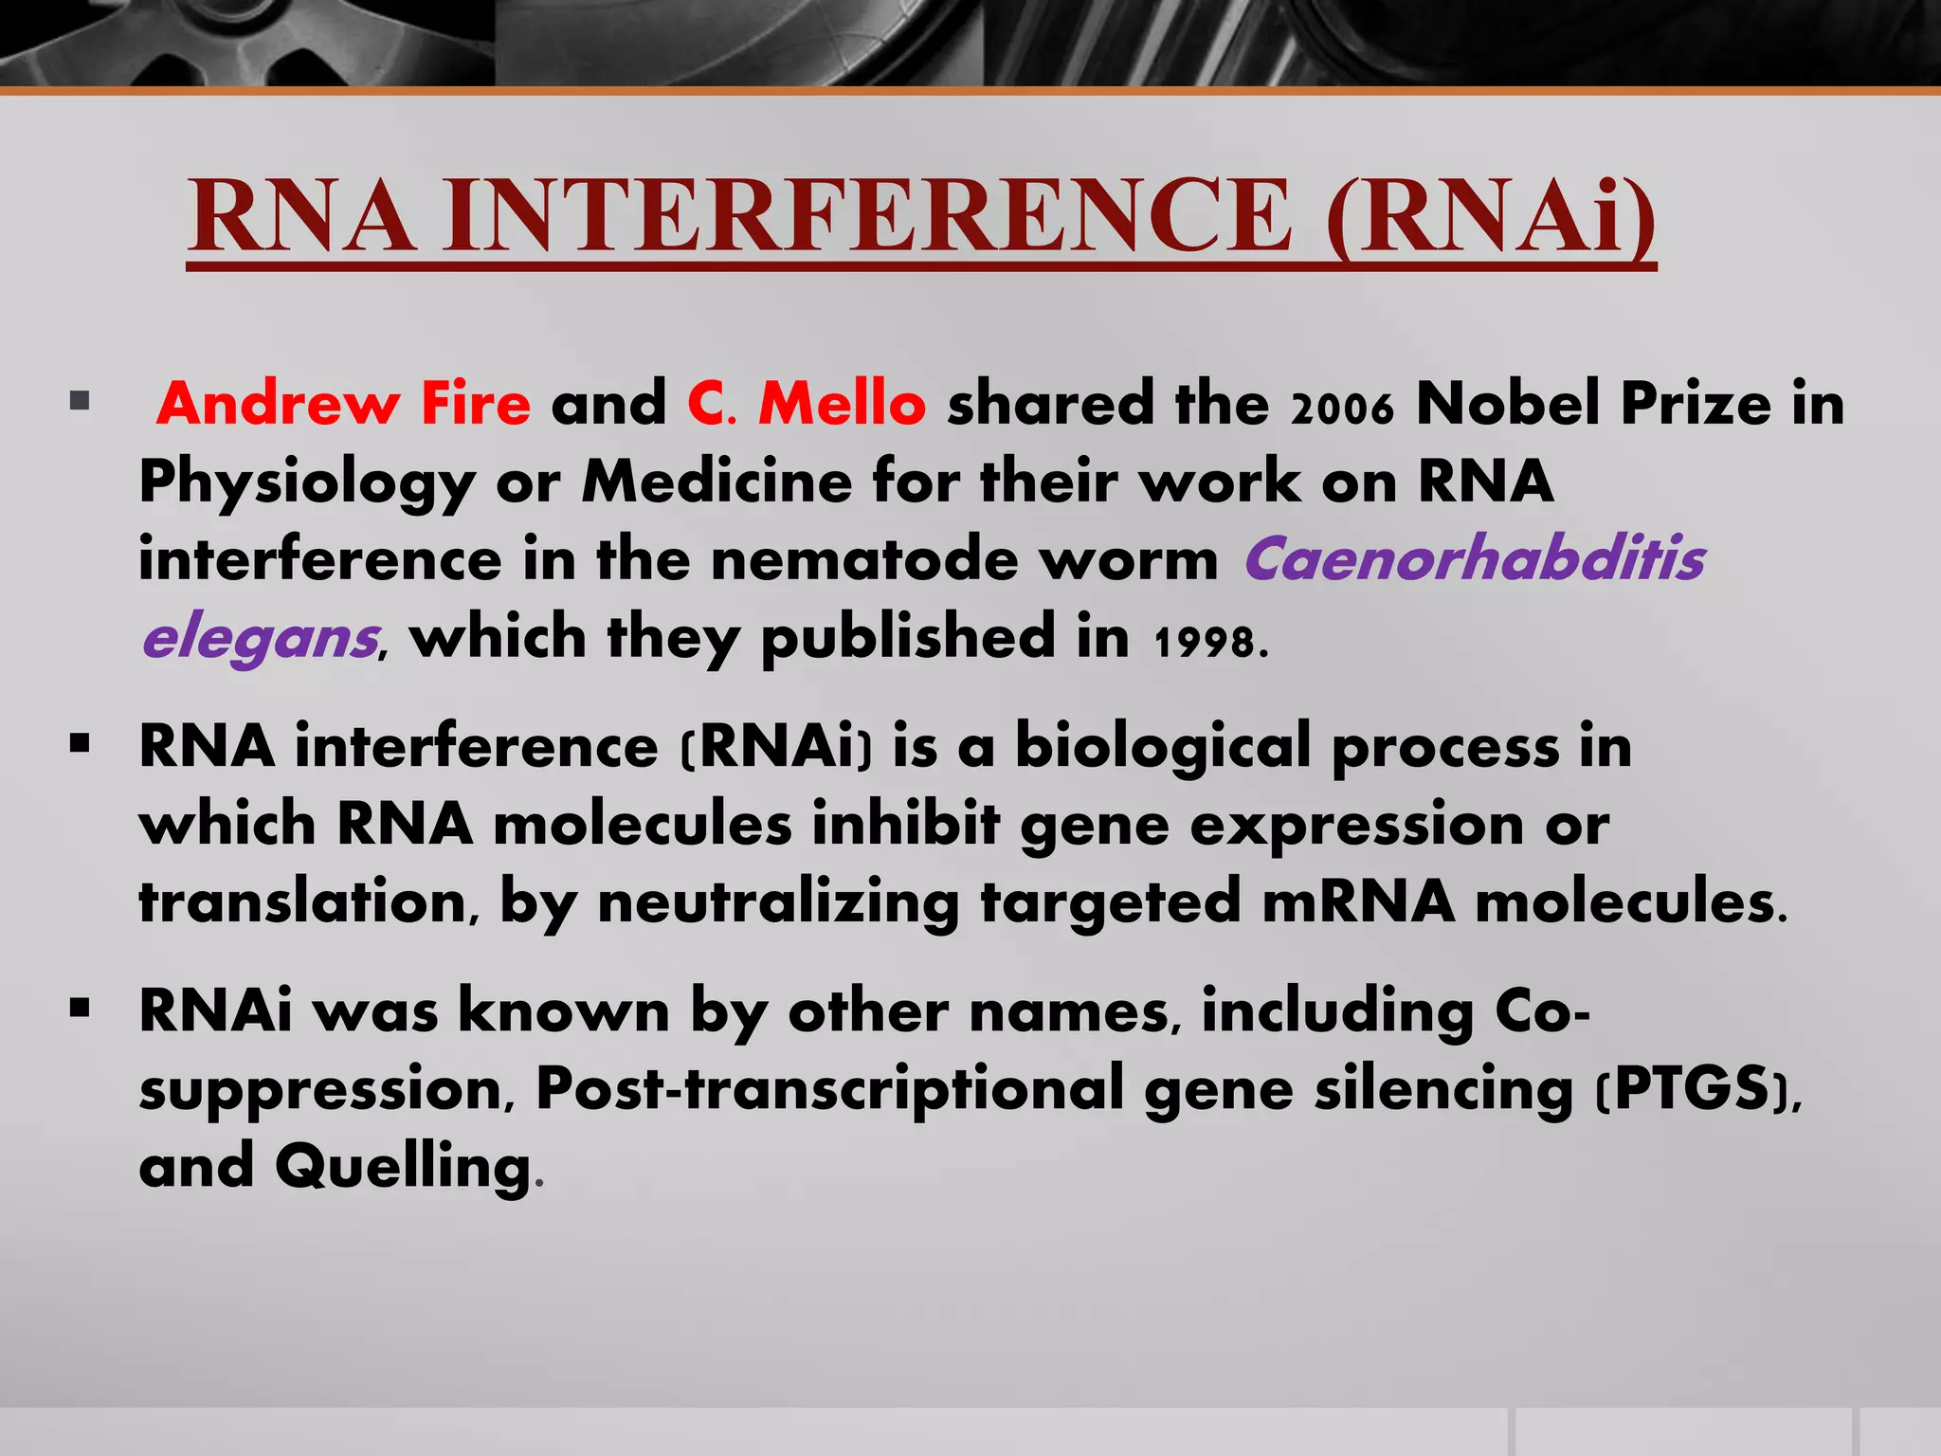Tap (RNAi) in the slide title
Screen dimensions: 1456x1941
(1490, 219)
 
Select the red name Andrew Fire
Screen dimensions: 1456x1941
(343, 403)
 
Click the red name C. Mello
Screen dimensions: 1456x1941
(807, 403)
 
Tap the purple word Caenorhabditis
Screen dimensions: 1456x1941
(1474, 558)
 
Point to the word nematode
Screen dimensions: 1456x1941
(863, 560)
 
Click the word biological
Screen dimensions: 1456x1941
(1162, 746)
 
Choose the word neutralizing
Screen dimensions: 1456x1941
(778, 901)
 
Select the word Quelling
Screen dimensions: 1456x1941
(403, 1166)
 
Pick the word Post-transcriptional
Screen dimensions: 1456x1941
(829, 1089)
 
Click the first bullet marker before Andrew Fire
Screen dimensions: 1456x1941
(80, 401)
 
